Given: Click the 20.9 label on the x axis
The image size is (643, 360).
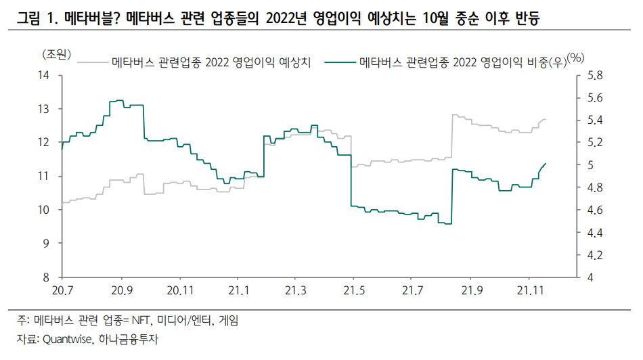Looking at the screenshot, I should tap(121, 291).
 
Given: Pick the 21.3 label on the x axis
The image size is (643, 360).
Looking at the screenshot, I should tap(294, 291).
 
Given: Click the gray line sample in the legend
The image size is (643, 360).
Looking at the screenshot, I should tap(93, 64).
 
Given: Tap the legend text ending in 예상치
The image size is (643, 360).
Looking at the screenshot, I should tap(211, 64).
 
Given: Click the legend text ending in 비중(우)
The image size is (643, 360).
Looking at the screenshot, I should tap(463, 64).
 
